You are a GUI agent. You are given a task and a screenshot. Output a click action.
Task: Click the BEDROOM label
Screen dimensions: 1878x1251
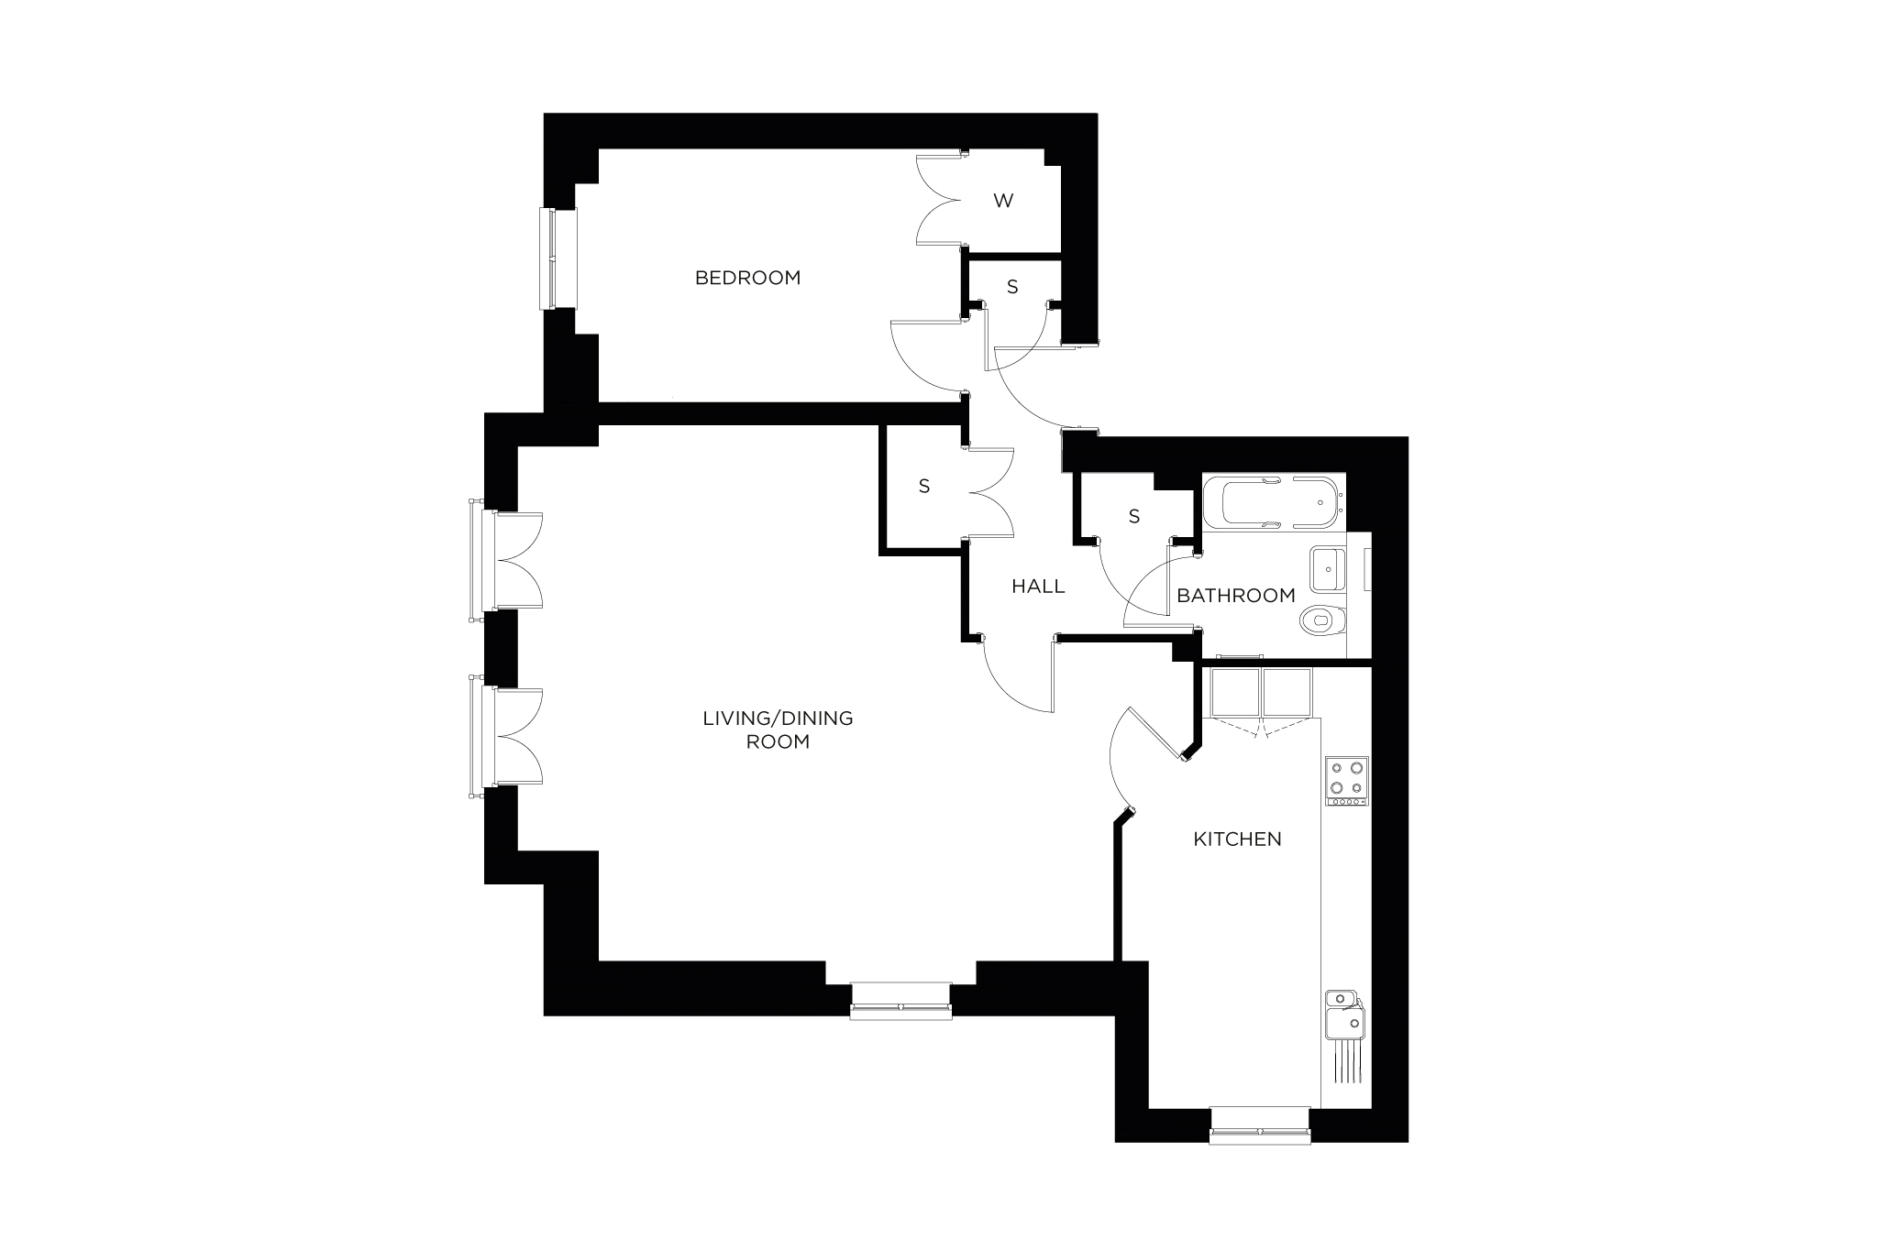point(747,277)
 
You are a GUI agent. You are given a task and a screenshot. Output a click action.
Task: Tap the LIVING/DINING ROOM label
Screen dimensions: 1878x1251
point(778,730)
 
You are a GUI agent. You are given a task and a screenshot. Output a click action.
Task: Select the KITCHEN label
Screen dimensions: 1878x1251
point(1237,839)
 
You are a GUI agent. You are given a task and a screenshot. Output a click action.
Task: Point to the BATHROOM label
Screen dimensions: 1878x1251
point(1236,596)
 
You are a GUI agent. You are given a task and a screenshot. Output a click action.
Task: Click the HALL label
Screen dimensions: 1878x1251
point(1038,586)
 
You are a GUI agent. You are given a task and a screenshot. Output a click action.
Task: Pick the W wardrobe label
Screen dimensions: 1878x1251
point(1003,201)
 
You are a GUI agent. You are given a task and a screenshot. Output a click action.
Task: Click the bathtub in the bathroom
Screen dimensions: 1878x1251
point(1273,502)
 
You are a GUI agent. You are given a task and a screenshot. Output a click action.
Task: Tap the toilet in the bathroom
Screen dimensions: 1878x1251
point(1322,620)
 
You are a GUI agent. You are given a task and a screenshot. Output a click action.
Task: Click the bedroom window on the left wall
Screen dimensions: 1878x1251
point(558,259)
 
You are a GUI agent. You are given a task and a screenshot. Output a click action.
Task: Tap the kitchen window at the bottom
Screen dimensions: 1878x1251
point(1259,1125)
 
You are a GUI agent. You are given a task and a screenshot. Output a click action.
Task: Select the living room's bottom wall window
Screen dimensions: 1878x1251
point(900,1001)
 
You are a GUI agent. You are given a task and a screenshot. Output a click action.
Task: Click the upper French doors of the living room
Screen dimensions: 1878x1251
point(506,560)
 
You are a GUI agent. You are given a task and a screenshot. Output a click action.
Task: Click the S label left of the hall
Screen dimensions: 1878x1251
point(924,488)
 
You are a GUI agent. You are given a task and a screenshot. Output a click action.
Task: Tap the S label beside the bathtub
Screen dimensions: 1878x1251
point(1134,517)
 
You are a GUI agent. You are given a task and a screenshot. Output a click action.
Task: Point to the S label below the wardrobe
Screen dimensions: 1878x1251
point(1012,287)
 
